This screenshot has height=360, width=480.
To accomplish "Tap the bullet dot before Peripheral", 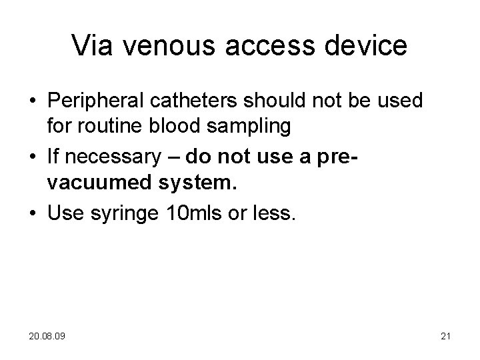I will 32,102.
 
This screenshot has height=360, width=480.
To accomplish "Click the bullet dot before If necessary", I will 32,158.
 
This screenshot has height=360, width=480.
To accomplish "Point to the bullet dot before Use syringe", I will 32,213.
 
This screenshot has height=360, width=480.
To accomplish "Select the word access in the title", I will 265,45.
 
